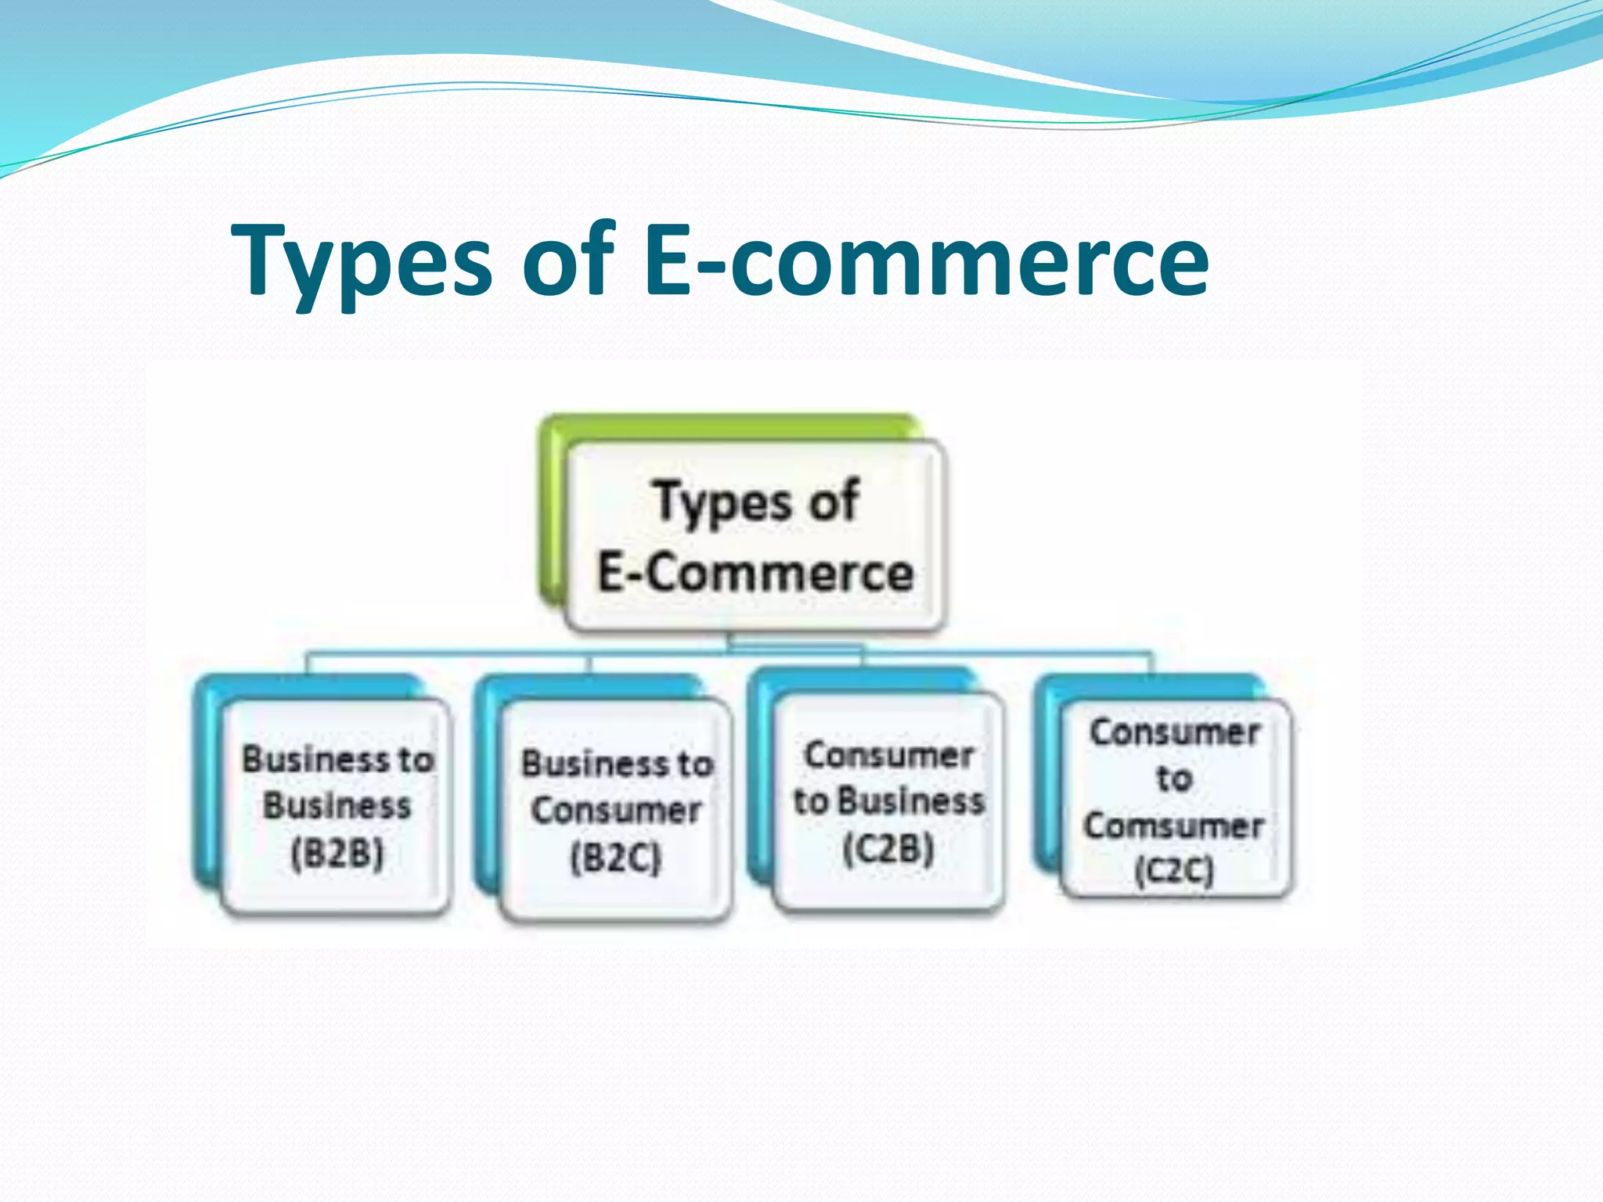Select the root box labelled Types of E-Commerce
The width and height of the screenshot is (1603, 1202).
coord(755,537)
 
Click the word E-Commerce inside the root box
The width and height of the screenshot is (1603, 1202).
coord(756,573)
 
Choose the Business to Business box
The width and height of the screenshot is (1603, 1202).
coord(337,806)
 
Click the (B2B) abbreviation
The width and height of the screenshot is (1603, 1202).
coord(337,853)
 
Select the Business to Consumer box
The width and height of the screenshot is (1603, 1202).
coord(616,811)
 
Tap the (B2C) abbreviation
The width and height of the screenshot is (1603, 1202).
coord(616,858)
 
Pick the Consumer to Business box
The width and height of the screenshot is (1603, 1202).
coord(889,803)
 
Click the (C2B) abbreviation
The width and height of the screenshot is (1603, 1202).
coord(888,848)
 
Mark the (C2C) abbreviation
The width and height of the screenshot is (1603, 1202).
coord(1174,871)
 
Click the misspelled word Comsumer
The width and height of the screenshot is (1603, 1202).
coord(1174,826)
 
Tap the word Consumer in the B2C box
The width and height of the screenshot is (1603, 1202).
coord(616,811)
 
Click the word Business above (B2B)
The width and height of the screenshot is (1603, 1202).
coord(337,806)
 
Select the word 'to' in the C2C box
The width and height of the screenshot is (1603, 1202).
coord(1174,779)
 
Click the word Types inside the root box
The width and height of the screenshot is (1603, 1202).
coord(721,502)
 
